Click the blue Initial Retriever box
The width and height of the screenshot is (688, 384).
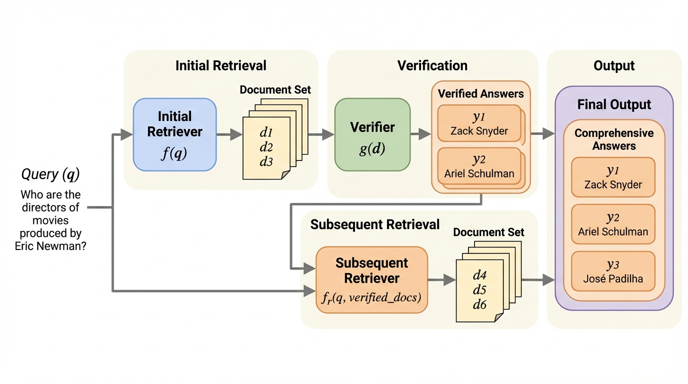point(174,134)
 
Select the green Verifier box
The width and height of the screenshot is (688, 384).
point(372,134)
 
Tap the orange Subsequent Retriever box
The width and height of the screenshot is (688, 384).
point(371,279)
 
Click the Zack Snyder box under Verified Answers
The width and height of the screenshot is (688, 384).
point(479,123)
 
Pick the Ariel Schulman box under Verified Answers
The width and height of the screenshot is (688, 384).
point(479,166)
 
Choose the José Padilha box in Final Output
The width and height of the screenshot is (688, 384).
point(613,271)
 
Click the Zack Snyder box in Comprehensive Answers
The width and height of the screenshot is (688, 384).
point(613,177)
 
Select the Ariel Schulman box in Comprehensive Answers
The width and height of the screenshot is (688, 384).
point(613,224)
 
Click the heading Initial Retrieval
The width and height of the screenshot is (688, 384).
point(220,65)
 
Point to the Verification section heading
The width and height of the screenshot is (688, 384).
point(432,65)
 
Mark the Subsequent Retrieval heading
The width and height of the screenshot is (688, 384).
point(375,224)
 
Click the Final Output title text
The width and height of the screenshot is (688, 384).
point(614,104)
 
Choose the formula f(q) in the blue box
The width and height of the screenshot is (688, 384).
point(173,153)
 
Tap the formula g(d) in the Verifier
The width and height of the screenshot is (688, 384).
point(372,149)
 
